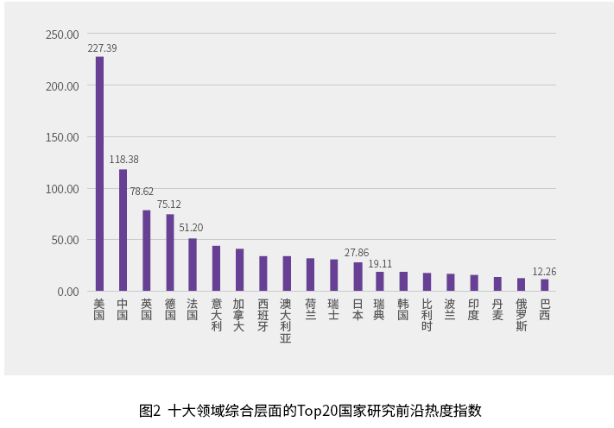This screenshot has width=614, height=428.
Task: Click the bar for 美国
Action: (99, 173)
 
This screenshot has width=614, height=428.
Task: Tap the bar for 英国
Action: (147, 250)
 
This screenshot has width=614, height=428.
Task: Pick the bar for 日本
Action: (358, 276)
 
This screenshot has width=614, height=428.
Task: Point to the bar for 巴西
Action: (544, 285)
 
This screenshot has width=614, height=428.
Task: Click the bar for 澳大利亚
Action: (287, 274)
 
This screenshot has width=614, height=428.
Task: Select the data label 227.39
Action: (101, 48)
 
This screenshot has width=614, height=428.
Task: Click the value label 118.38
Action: (123, 160)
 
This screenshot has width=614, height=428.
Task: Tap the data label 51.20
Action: (191, 228)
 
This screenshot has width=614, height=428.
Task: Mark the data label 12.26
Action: (544, 271)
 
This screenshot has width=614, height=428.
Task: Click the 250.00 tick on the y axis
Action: (62, 35)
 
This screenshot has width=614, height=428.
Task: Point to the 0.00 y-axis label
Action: (66, 292)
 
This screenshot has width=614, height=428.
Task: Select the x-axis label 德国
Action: (170, 309)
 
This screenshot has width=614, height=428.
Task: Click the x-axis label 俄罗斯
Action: (521, 315)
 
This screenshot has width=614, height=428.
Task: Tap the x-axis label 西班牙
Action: (263, 315)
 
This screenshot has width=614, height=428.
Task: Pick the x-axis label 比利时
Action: (427, 315)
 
